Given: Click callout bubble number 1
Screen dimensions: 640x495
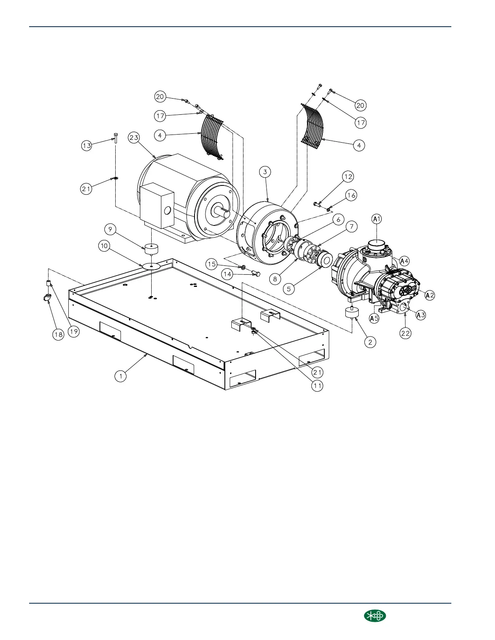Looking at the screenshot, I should click(x=120, y=376).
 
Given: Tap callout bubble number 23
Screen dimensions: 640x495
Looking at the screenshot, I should click(x=134, y=137).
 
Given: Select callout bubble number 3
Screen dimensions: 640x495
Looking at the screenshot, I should click(x=265, y=172).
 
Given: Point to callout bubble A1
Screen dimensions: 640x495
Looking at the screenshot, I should click(x=377, y=219).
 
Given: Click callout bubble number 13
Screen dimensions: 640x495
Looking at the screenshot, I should click(x=87, y=145).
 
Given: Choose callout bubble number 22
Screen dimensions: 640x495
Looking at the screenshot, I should click(x=405, y=333).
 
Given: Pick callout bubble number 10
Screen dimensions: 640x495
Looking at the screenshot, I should click(x=105, y=246).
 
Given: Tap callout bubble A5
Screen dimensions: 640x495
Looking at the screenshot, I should click(x=374, y=318).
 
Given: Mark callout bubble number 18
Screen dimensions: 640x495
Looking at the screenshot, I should click(x=59, y=335).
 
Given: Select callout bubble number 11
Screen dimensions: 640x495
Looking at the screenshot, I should click(x=317, y=385).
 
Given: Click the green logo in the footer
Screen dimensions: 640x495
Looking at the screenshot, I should click(x=375, y=616).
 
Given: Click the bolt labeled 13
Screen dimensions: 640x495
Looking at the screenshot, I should click(x=116, y=138).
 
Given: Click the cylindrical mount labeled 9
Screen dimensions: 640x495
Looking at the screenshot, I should click(x=151, y=249).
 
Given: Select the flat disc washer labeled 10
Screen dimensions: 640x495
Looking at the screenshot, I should click(x=152, y=266).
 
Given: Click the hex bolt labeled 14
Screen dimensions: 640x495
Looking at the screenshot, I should click(x=255, y=274).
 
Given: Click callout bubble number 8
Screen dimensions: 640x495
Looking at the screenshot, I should click(x=275, y=278).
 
